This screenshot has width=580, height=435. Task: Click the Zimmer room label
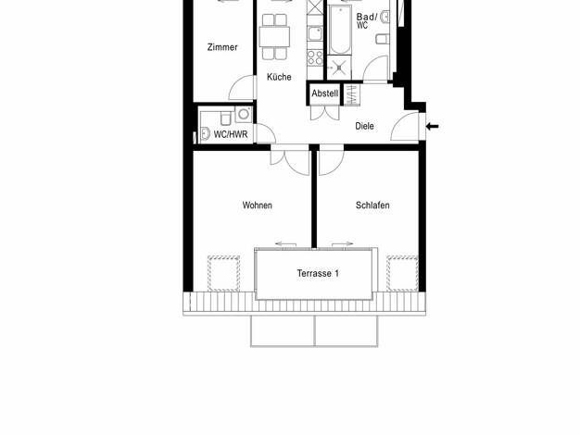[222, 47]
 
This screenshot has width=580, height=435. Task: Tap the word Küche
[279, 77]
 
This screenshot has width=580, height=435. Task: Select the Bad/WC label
[367, 21]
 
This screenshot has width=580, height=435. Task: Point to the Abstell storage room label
[325, 93]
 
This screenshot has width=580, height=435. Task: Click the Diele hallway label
[364, 126]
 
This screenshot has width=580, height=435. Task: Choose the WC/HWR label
[231, 134]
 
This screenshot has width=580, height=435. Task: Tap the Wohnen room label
[257, 205]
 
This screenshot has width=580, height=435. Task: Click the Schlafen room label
[372, 205]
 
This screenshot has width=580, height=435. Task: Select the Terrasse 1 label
[318, 273]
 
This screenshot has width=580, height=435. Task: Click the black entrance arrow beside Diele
[432, 127]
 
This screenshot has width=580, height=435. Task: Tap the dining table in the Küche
[274, 37]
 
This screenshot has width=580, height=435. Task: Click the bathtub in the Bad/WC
[340, 30]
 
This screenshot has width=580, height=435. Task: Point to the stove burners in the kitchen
[315, 57]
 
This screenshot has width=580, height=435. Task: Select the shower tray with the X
[339, 67]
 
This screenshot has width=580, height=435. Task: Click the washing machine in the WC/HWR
[244, 114]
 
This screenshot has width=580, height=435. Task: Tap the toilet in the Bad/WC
[383, 39]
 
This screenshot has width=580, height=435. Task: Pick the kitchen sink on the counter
[315, 33]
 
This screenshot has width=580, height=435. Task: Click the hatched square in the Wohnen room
[223, 273]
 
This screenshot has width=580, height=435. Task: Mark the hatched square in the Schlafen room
[402, 273]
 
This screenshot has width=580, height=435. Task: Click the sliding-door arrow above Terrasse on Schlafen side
[343, 244]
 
